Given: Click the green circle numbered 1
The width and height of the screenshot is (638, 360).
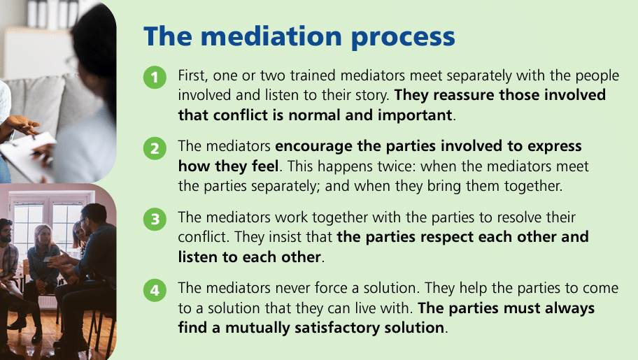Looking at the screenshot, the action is [x=155, y=78].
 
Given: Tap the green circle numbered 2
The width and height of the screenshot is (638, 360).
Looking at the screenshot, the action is [x=155, y=148].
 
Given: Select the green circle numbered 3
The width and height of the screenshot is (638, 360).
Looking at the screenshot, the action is [x=155, y=219].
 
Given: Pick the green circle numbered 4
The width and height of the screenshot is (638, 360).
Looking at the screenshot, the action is [x=155, y=290].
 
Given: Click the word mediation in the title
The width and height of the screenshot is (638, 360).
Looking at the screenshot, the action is [x=271, y=36].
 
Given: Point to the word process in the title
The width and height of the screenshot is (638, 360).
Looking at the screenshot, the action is [x=403, y=38].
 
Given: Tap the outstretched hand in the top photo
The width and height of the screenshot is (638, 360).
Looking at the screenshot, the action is [x=22, y=125].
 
